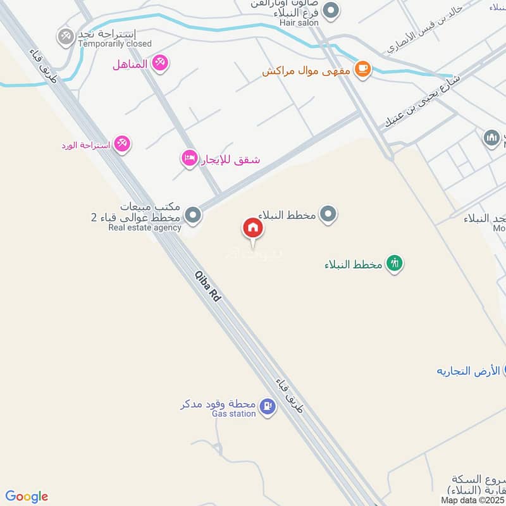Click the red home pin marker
253,228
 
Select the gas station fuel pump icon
268,407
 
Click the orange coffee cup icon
362,68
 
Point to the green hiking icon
395,263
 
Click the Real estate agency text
144,228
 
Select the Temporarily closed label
114,44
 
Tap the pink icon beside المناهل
161,63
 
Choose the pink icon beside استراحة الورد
123,145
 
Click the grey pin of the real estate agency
194,216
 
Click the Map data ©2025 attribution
473,500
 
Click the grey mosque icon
491,137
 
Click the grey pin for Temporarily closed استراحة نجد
66,37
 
